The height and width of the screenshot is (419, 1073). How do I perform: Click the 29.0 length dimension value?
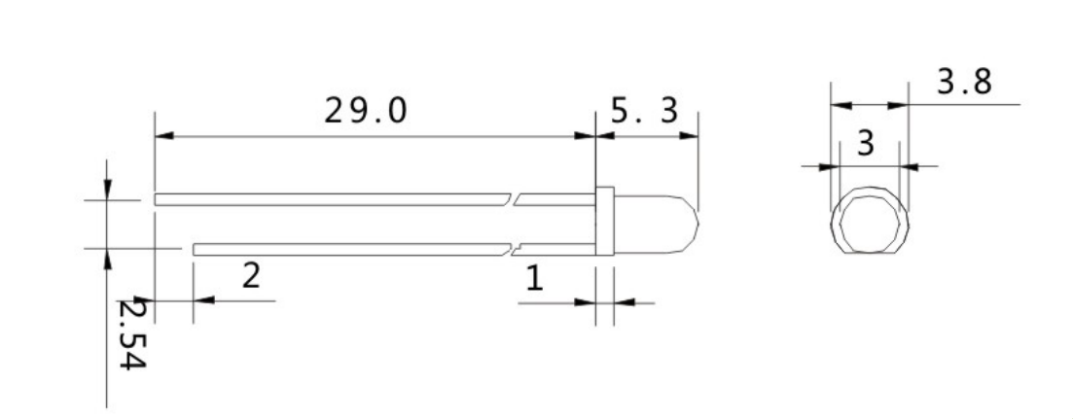[367, 112]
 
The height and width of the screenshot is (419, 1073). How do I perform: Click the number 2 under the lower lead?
[250, 275]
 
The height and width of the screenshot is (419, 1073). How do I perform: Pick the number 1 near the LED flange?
[534, 279]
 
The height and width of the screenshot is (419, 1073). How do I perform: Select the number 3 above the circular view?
[865, 143]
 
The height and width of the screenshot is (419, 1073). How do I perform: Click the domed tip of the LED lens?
[691, 222]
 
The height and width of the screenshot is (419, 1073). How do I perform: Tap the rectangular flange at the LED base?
[603, 222]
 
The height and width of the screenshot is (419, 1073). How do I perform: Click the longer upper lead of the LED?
[331, 199]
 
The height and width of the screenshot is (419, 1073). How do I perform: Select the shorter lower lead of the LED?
[350, 249]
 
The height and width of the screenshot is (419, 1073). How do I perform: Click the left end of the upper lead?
[157, 199]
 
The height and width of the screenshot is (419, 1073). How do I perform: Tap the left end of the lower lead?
[196, 249]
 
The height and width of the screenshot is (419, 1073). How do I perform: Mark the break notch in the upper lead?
[514, 199]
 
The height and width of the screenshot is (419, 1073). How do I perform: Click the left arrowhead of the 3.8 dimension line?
[838, 104]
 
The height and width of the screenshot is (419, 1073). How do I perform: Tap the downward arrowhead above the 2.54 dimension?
[107, 190]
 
